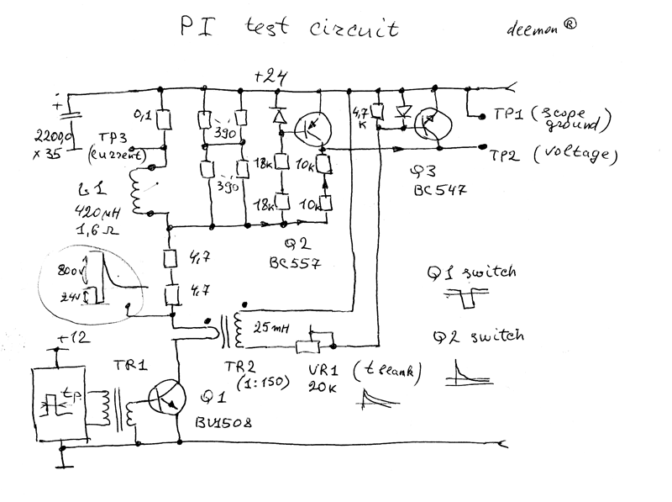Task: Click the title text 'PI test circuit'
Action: [x=290, y=30]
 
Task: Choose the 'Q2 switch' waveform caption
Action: [x=478, y=336]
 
